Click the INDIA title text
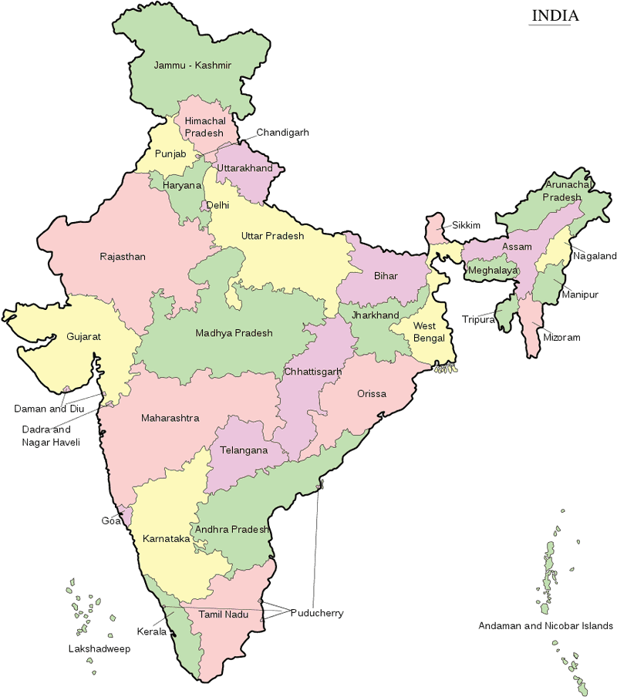coord(554,15)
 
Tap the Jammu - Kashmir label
coord(193,66)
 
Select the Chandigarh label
coord(282,133)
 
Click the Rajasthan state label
coord(123,256)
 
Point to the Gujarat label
coord(83,337)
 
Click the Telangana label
coord(244,450)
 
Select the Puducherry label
coord(316,613)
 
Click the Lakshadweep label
coord(99,649)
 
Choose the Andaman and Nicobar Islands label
coord(545,625)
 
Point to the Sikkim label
coord(466,225)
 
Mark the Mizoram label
coord(561,338)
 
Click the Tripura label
coord(478,319)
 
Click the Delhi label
coord(217,205)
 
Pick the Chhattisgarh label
coord(312,372)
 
